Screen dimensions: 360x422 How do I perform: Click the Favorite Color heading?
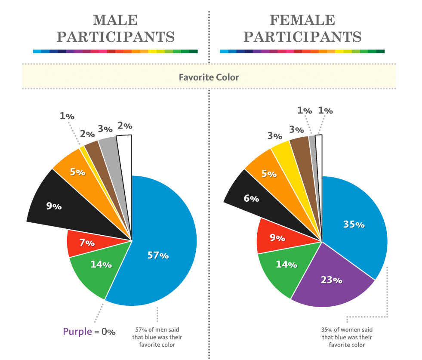pos(209,77)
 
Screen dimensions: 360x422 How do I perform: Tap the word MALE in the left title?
pos(115,20)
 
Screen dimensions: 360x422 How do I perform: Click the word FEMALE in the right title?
pos(302,20)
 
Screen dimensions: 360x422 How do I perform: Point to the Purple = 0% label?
pos(89,332)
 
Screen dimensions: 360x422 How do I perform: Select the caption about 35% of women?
pos(347,338)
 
